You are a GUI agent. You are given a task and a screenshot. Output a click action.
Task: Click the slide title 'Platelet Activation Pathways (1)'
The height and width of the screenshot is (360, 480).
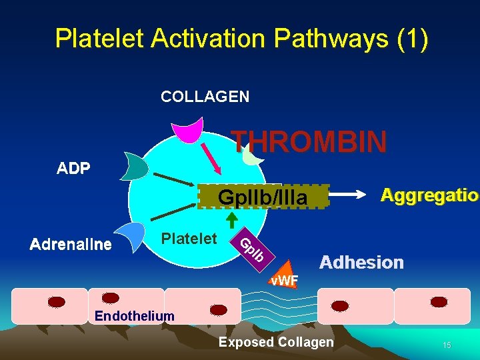point(241,39)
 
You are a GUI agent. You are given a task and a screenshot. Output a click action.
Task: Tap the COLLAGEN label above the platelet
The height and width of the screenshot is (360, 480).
point(205,97)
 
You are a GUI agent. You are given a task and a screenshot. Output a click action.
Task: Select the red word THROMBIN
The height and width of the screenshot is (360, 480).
point(309,142)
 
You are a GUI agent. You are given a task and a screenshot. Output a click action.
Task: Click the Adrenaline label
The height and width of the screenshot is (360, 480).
point(71,245)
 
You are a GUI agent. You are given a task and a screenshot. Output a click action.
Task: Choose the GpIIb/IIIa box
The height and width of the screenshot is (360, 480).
point(263,197)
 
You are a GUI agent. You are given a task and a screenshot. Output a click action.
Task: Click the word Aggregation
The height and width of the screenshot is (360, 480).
point(429,195)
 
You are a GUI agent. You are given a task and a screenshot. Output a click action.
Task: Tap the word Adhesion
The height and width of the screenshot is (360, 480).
point(361,262)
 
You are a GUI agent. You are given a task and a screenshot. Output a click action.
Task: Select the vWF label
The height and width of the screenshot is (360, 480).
point(284,281)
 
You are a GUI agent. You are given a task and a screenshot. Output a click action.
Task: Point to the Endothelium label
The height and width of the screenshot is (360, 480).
point(135,315)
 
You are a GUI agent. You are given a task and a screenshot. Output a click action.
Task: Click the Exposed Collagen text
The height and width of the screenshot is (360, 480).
point(276,342)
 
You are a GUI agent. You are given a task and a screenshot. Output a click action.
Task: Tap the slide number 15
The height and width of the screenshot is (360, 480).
point(447,345)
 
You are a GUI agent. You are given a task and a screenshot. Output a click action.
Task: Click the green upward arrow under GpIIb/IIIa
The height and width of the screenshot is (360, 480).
point(231,219)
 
